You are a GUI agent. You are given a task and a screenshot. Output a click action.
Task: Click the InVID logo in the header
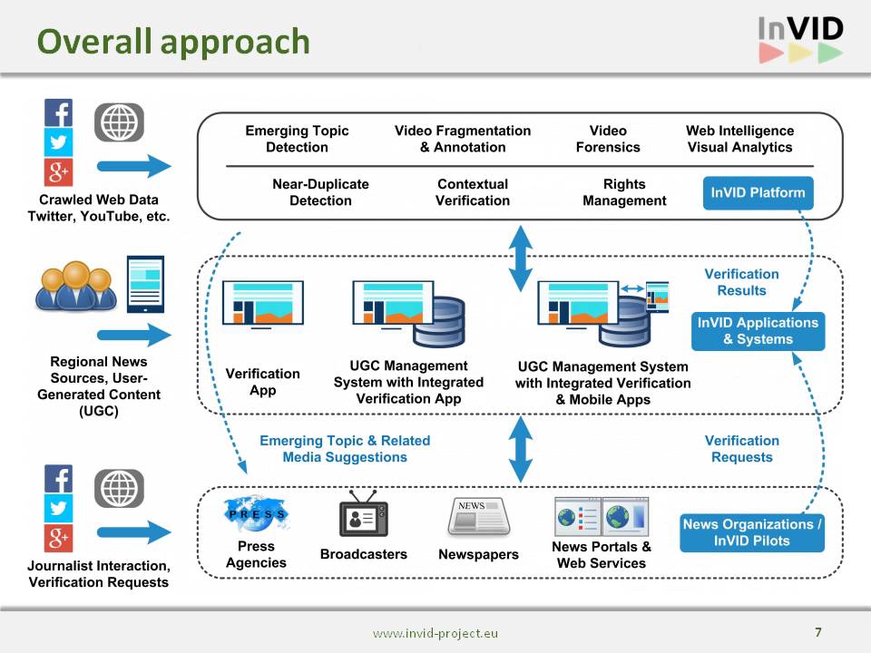[x=800, y=40]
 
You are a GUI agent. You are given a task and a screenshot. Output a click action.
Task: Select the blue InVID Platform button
[x=758, y=192]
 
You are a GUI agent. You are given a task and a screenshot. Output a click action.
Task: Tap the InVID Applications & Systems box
[x=758, y=331]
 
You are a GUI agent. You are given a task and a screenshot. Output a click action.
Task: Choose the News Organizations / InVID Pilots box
[x=752, y=532]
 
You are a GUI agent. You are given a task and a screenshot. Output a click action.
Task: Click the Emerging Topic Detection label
[x=297, y=139]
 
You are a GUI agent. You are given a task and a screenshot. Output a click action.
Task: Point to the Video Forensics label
[x=608, y=139]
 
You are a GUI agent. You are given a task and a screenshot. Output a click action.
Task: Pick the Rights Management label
[x=624, y=192]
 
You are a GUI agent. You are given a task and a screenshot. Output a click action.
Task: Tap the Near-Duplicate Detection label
[x=320, y=192]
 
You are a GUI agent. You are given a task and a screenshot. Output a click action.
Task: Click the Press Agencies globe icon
[x=256, y=513]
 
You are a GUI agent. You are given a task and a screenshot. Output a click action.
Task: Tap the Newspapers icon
[x=478, y=517]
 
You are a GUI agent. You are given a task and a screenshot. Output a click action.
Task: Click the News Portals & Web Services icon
[x=602, y=516]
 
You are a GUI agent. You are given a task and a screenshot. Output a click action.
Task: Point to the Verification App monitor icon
[x=263, y=304]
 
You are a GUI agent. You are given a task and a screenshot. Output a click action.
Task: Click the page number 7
[x=818, y=632]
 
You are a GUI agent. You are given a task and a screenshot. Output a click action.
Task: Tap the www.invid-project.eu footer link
[x=435, y=634]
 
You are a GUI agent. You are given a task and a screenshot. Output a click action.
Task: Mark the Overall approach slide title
[x=173, y=42]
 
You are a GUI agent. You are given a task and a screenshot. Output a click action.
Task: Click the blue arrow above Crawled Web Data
[x=133, y=166]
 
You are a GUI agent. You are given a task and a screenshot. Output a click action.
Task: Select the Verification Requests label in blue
[x=741, y=449]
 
